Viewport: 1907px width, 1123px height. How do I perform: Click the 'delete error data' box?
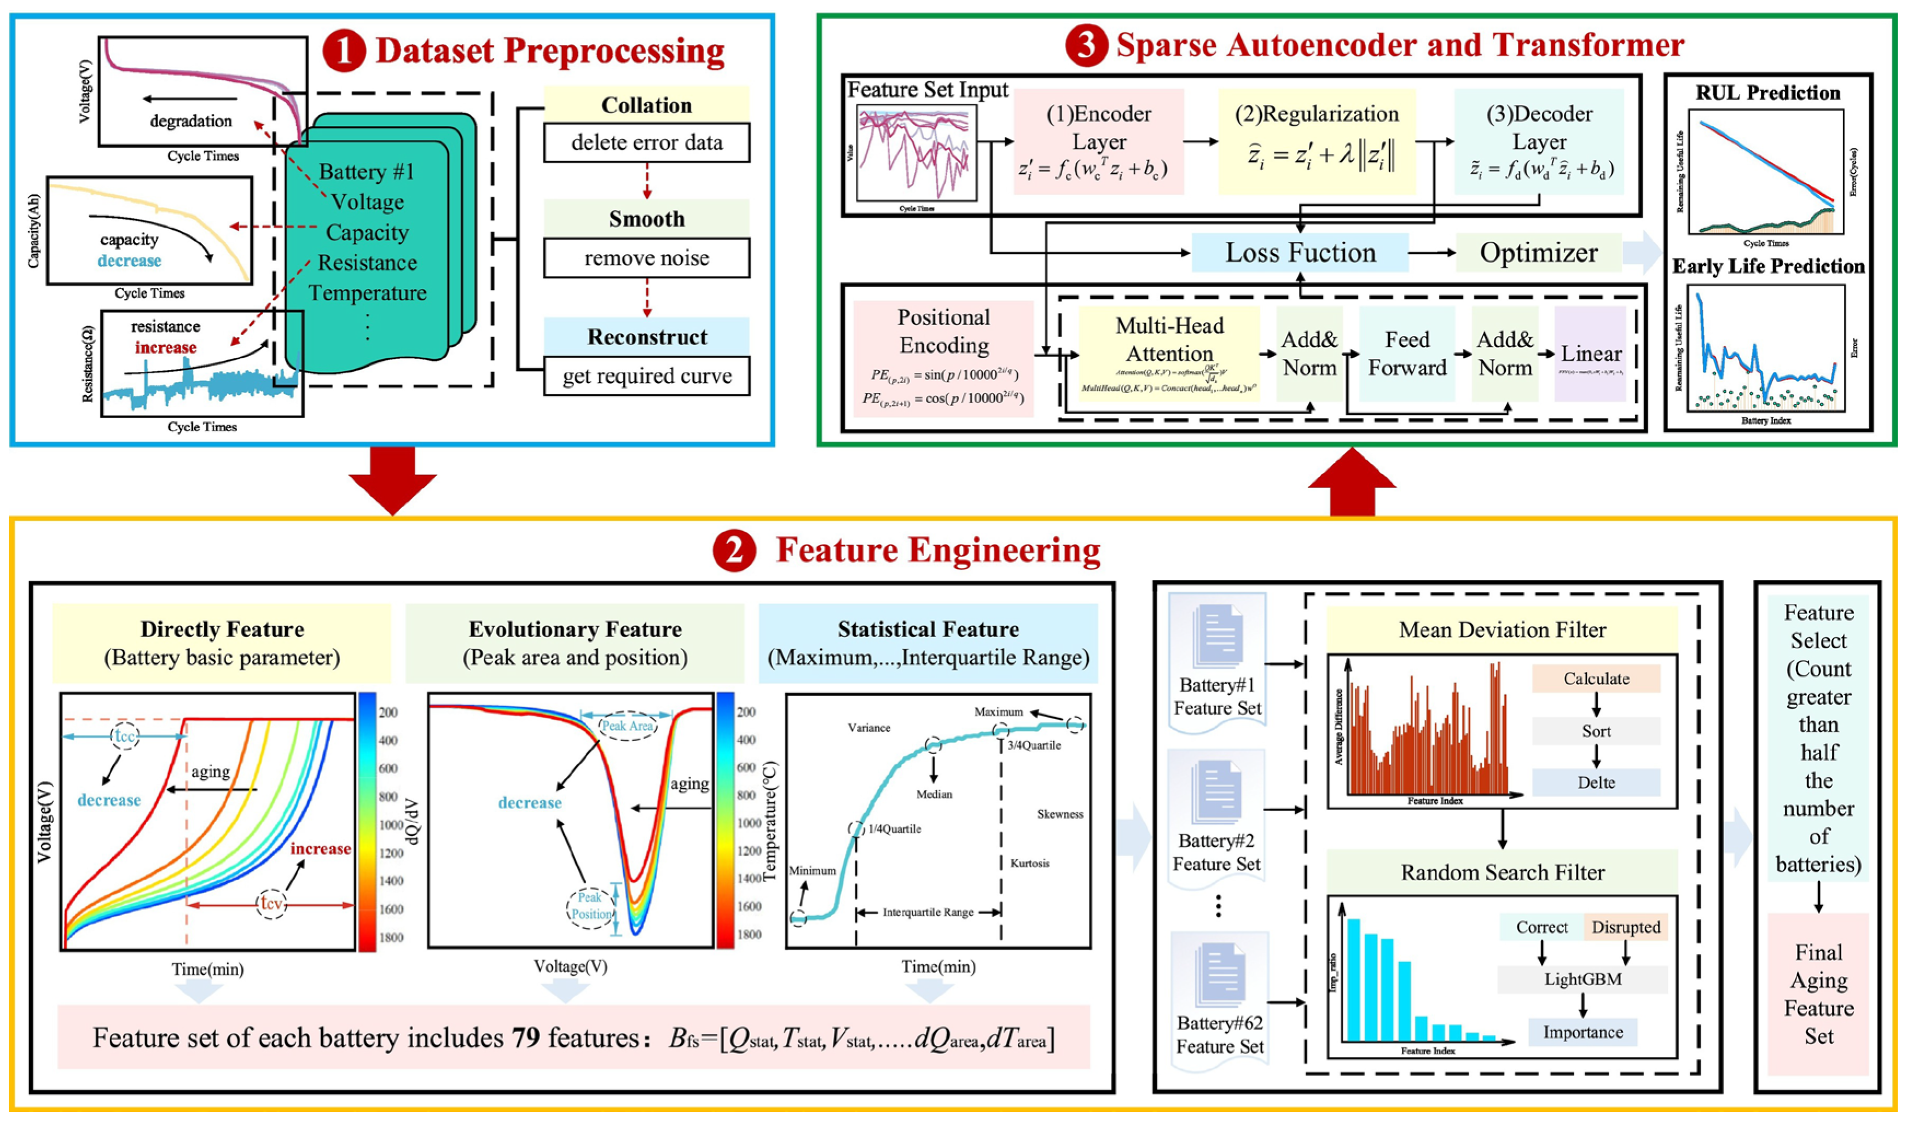646,143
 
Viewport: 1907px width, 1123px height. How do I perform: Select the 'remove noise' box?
646,258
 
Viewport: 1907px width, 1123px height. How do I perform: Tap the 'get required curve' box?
646,376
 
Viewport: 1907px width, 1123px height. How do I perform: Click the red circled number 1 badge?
344,51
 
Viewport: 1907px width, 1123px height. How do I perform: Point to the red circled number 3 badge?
1087,45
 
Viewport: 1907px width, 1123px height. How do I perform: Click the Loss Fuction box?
1300,253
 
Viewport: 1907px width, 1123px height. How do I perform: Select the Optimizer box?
1539,253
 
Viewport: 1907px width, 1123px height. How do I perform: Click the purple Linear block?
1591,354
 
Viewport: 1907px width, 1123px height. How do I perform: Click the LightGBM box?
1583,979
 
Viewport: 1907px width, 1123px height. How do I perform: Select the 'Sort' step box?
1596,731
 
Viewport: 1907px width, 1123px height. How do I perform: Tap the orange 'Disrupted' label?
1626,927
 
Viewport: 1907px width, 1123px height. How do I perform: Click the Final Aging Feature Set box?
1818,994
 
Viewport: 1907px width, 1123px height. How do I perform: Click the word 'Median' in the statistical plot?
935,794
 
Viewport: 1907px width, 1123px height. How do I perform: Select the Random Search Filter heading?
1502,872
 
